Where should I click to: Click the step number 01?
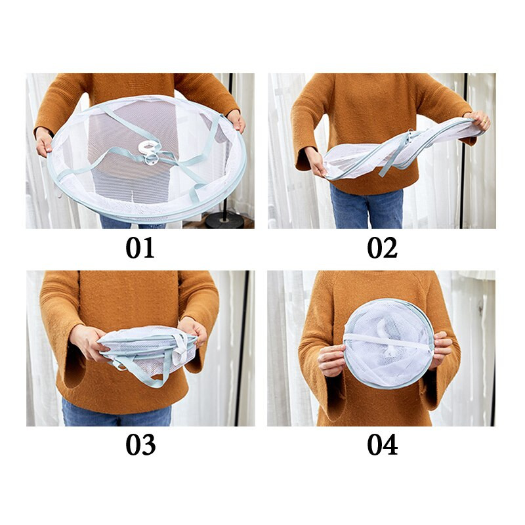click(140, 248)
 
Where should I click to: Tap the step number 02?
click(382, 248)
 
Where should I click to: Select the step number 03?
click(140, 445)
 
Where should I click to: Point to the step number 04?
click(383, 445)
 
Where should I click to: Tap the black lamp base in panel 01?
click(224, 220)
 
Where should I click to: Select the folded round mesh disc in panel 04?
click(388, 343)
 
